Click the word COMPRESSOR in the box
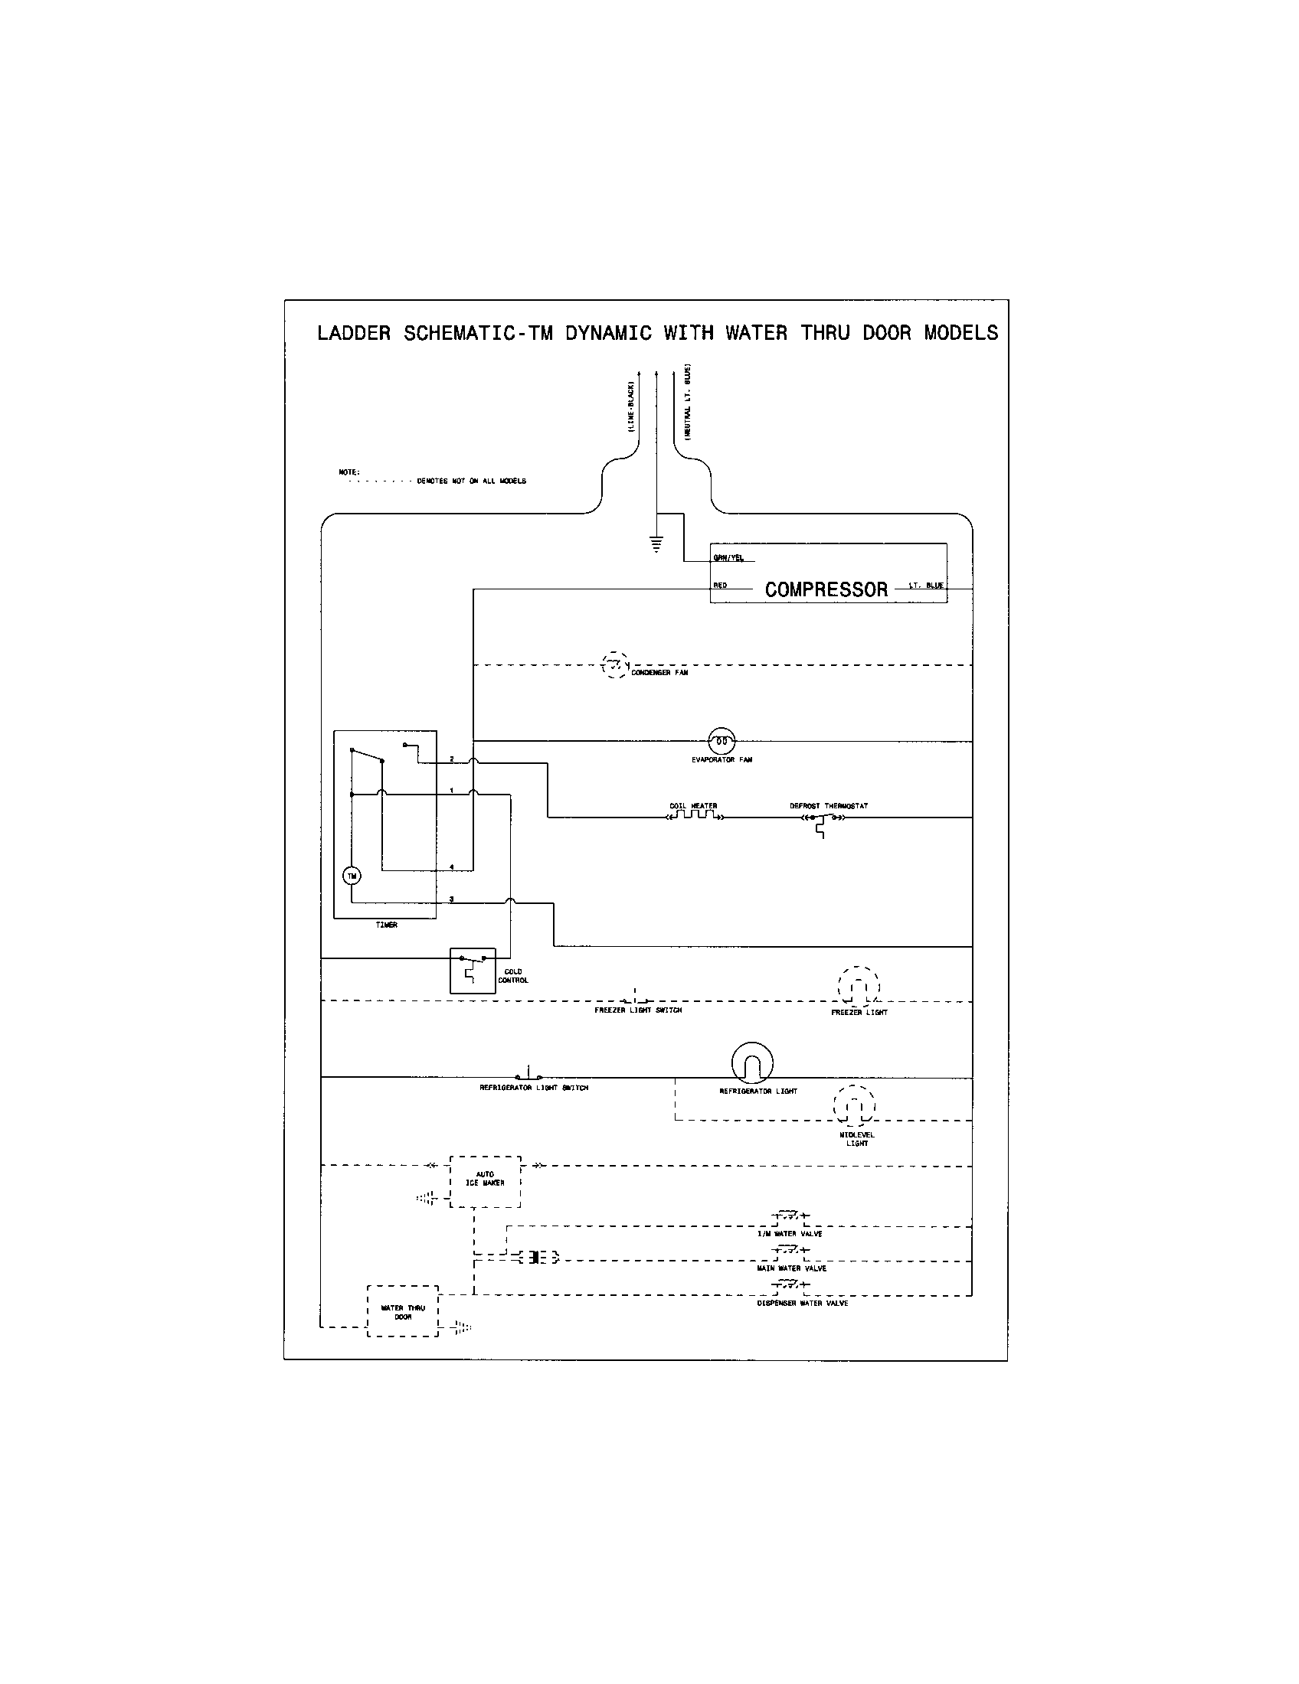tap(826, 590)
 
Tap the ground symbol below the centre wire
tap(656, 545)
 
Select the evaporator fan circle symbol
tap(722, 741)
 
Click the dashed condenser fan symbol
tap(615, 664)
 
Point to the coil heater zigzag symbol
tap(693, 816)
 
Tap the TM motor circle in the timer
tap(351, 876)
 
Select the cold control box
tap(472, 970)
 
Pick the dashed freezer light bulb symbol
tap(859, 986)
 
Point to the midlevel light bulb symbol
tap(854, 1107)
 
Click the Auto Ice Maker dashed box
tap(485, 1181)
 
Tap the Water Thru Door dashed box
tap(403, 1311)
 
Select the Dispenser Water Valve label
tap(802, 1303)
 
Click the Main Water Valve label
tap(791, 1268)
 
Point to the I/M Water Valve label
tap(790, 1234)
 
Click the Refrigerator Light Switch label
tap(534, 1088)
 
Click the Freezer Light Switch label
tap(638, 1010)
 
